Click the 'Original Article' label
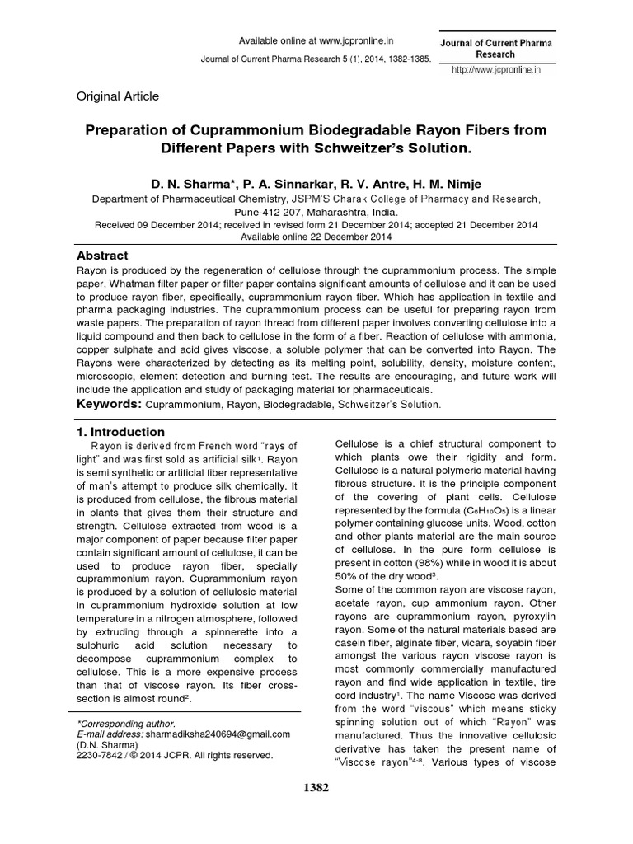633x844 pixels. point(118,96)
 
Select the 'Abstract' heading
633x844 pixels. point(102,256)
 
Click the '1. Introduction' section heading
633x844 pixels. point(120,432)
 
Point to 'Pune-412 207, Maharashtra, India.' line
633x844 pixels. point(316,211)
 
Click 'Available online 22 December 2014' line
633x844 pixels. point(316,236)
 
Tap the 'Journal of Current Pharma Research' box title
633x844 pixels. point(495,48)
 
